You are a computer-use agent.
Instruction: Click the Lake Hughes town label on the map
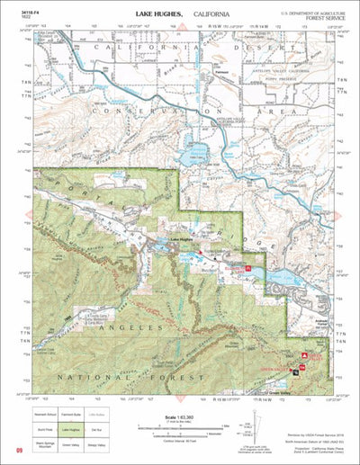tap(182, 239)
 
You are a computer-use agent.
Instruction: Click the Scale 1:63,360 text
tap(180, 418)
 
